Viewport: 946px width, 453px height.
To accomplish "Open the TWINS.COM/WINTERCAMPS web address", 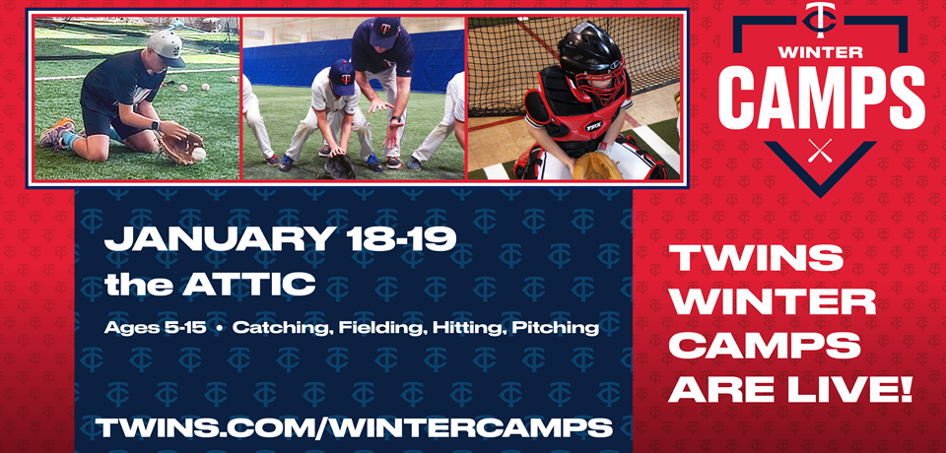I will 354,427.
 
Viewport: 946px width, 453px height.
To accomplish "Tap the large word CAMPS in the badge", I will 820,97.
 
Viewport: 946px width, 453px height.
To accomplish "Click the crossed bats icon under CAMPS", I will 820,151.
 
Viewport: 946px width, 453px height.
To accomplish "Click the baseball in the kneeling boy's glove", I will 198,156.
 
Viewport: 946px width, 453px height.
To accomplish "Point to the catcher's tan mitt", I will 597,164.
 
